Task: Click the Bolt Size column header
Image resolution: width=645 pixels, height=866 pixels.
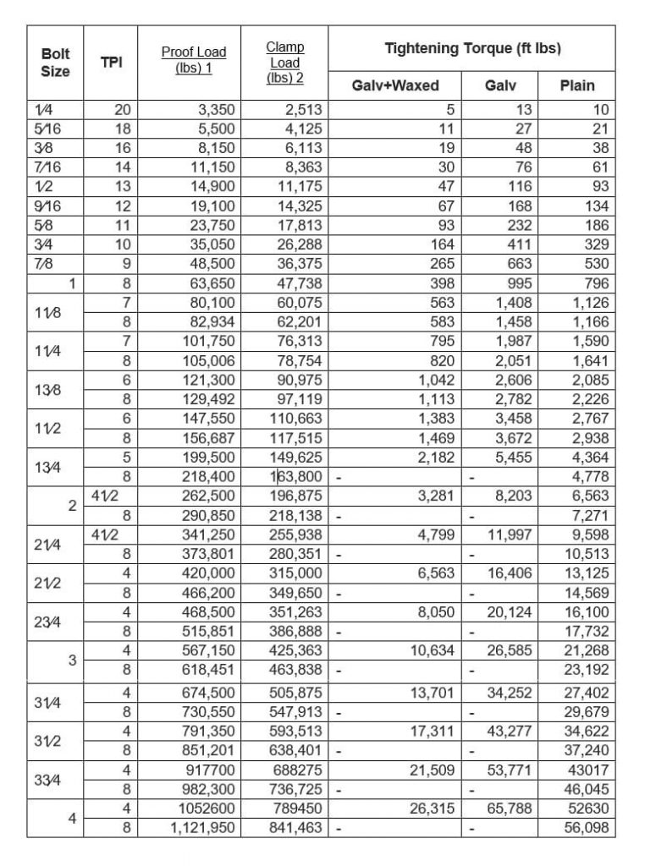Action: (56, 60)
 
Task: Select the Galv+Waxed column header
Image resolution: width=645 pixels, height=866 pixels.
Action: (394, 85)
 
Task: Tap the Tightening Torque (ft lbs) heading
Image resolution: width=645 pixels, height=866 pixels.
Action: (473, 49)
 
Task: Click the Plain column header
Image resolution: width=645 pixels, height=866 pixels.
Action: (577, 85)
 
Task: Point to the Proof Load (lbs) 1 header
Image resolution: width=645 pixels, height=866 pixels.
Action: (194, 60)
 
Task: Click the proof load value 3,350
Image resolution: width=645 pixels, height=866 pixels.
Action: (215, 108)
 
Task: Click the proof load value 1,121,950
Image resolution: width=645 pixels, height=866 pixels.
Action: (201, 829)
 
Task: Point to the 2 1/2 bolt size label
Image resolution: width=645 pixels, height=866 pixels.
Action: (45, 584)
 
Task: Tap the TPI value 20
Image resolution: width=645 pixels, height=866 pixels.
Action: (124, 108)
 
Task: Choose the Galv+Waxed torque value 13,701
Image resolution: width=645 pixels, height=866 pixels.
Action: (433, 693)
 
